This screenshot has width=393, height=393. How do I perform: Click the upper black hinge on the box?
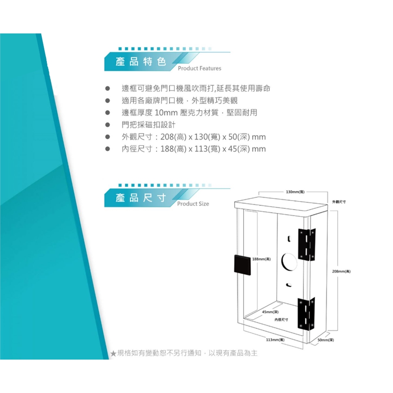point(307,244)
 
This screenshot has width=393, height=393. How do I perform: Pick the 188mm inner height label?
point(261,259)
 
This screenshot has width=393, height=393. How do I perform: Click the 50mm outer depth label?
point(326,340)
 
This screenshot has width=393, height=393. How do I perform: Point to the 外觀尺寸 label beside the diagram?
point(339,202)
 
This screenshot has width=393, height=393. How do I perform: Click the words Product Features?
point(199,68)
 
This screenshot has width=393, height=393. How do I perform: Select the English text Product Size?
point(193,203)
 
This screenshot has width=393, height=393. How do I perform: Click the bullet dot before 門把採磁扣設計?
point(108,125)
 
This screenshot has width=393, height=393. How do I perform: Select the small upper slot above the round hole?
point(289,238)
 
